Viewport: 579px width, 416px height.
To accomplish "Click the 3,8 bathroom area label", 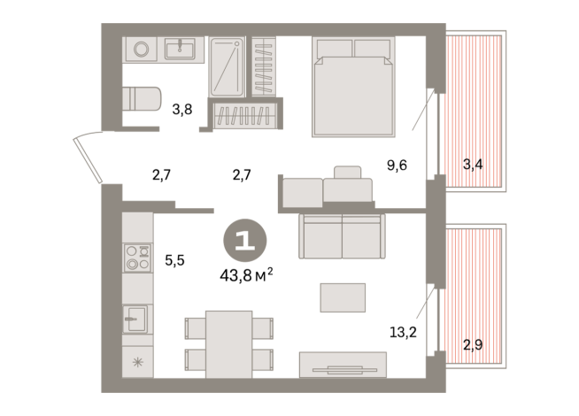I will (x=182, y=110).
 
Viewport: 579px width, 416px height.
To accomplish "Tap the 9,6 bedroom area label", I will (x=397, y=164).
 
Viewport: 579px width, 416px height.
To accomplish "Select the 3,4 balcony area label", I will (x=473, y=164).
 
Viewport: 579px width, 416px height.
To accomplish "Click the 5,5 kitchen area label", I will (x=175, y=260).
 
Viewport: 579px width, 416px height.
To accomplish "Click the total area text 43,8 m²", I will (x=245, y=275).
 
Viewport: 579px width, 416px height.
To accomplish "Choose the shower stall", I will (x=227, y=66).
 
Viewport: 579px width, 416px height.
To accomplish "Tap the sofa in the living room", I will (x=341, y=235).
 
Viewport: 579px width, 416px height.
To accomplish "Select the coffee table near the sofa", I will (x=342, y=297).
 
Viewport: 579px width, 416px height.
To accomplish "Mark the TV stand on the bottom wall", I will (x=342, y=365).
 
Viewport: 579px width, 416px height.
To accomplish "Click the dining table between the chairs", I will (x=228, y=344).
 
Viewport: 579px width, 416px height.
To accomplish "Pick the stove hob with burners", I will (x=136, y=257).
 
